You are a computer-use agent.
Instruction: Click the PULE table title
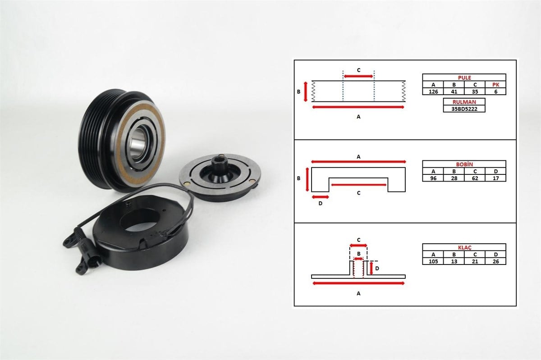tap(464, 77)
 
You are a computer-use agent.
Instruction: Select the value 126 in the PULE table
tap(433, 91)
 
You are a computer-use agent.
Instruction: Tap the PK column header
tap(495, 85)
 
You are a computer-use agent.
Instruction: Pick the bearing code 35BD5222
tap(464, 109)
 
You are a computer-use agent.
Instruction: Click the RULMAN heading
tap(464, 102)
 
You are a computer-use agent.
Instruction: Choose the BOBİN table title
tap(464, 164)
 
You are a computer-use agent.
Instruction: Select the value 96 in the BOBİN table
tap(433, 178)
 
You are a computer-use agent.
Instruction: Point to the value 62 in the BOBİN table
tap(475, 178)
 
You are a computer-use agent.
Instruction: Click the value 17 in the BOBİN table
tap(495, 178)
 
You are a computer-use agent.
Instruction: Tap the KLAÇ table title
tap(464, 247)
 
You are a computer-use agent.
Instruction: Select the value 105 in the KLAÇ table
tap(433, 261)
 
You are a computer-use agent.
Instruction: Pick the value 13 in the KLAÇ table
tap(454, 261)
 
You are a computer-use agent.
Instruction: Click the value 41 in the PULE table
tap(454, 91)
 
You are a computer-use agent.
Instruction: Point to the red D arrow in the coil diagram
tap(320, 197)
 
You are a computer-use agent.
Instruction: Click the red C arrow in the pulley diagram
tap(358, 76)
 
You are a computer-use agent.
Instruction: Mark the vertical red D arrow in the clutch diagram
tap(371, 268)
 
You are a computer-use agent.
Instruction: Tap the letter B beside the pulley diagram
tap(298, 92)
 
